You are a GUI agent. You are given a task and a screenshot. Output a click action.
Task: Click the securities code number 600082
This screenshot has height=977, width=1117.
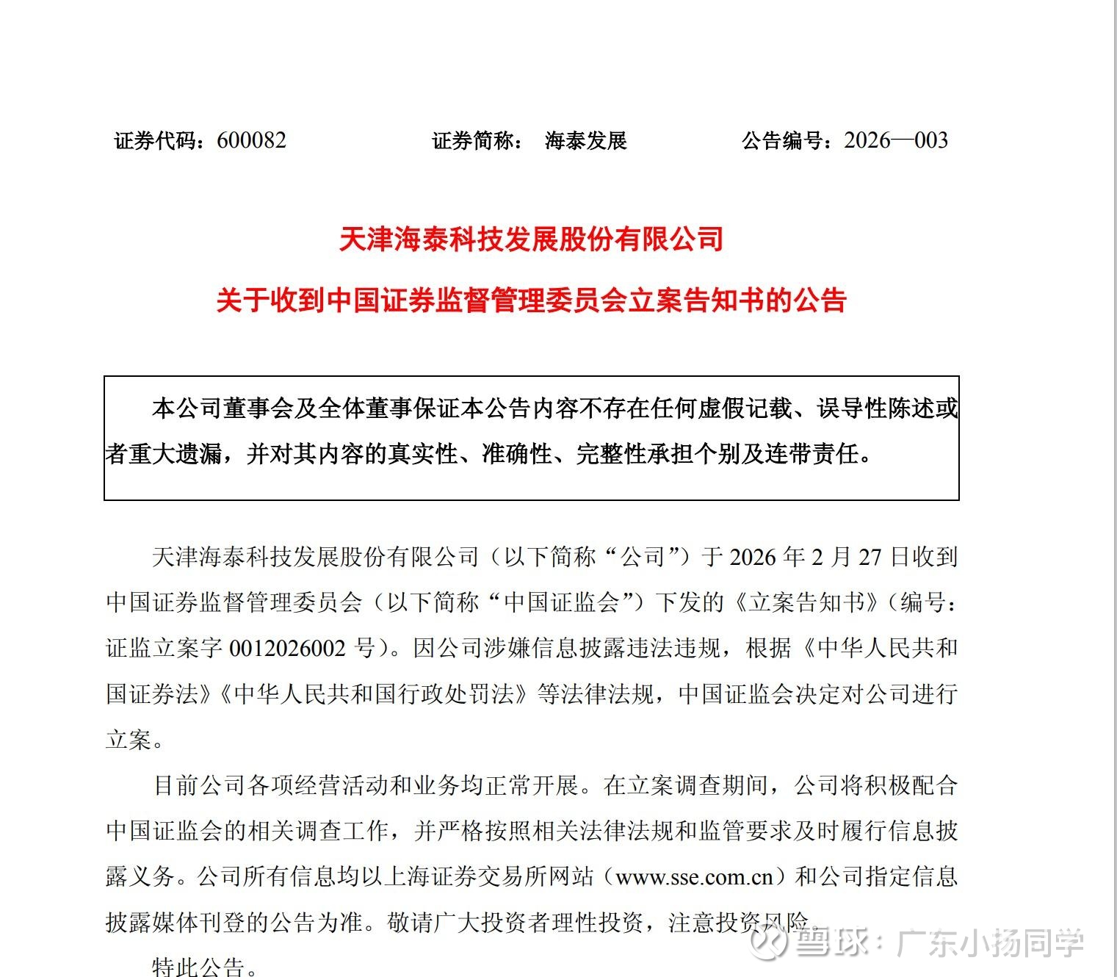click(x=251, y=140)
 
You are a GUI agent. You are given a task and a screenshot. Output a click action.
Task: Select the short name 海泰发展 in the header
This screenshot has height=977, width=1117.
click(x=585, y=140)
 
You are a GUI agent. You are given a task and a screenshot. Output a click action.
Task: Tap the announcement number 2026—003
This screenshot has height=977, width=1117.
click(x=896, y=140)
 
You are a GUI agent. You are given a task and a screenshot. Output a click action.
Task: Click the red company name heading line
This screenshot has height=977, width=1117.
click(x=531, y=239)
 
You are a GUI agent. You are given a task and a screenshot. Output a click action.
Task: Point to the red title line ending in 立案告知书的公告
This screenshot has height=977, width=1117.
click(x=531, y=300)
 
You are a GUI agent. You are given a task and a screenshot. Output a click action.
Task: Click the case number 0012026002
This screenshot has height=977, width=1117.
click(x=287, y=648)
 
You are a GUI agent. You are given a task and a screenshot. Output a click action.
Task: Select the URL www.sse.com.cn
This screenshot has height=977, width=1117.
click(x=694, y=877)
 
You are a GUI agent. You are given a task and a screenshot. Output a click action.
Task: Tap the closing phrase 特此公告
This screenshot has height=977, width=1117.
click(x=198, y=966)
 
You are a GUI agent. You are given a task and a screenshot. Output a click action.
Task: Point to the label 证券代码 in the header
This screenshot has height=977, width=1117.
click(x=156, y=140)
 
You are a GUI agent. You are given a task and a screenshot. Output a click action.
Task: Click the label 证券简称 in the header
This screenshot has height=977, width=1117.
click(x=474, y=140)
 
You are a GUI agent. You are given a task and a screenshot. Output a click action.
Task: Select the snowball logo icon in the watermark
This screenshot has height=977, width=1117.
click(x=771, y=942)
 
